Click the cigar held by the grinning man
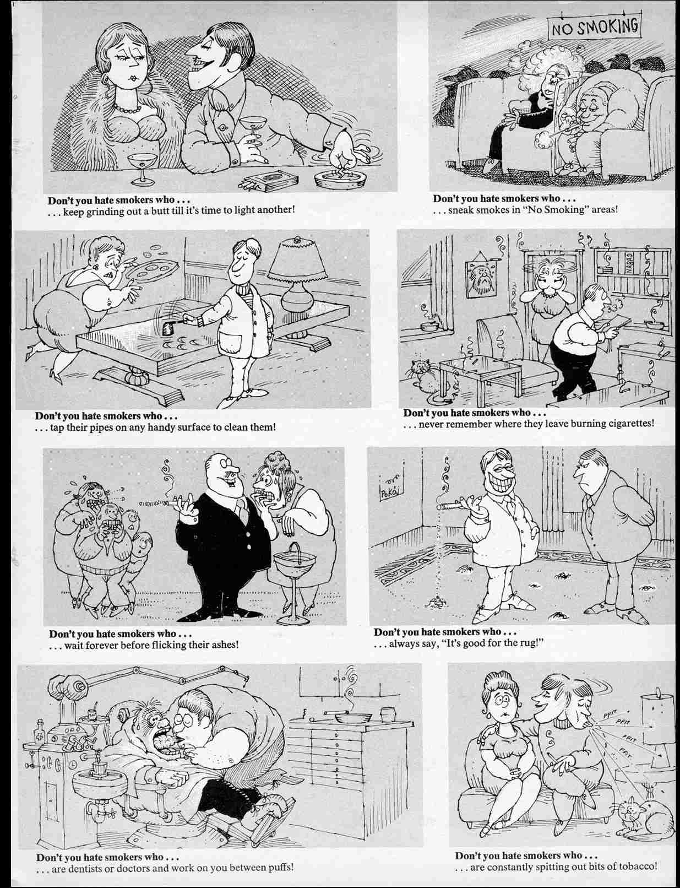tap(455, 503)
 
